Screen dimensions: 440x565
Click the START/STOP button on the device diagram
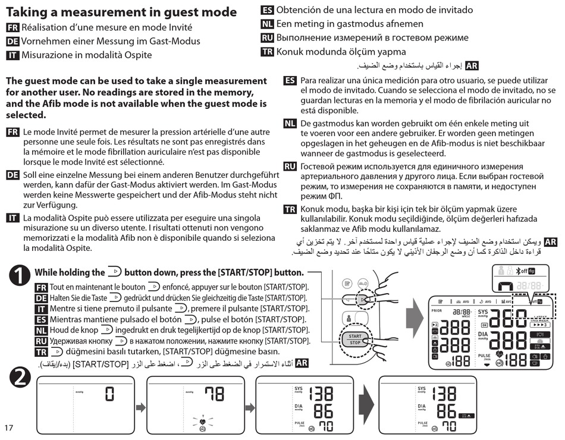coord(354,340)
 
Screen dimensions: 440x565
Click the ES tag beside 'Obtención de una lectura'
coord(268,10)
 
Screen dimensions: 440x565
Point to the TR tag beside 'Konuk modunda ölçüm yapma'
coord(268,52)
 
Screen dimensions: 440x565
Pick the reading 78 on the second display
coord(215,394)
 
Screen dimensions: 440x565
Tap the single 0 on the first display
coord(109,394)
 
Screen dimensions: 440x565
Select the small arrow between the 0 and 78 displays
coord(140,407)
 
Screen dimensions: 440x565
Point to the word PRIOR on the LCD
coord(437,310)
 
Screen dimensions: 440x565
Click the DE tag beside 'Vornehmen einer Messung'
coord(12,42)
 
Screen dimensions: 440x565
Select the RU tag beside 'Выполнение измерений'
coord(268,38)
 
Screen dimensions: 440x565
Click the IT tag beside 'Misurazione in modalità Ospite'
coord(12,55)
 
